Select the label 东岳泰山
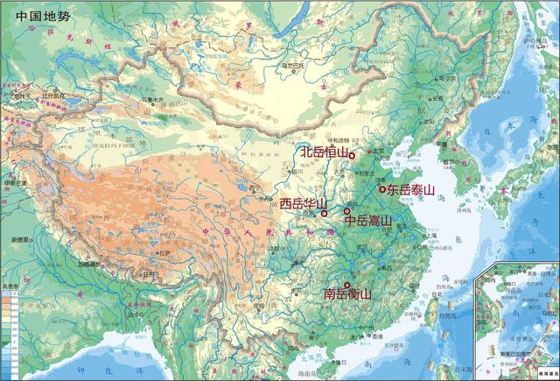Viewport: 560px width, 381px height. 411,188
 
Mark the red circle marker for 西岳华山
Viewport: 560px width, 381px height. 324,212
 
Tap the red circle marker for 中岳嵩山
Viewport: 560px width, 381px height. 347,212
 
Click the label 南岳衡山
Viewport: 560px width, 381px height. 347,295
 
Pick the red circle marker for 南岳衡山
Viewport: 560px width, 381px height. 347,285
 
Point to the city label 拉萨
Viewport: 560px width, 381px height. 163,253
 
